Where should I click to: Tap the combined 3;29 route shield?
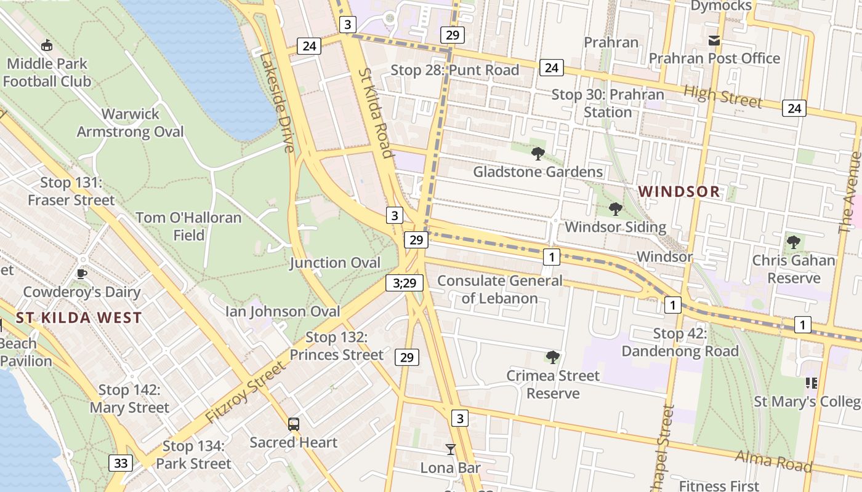pos(405,283)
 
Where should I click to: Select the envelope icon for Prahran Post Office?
pos(714,41)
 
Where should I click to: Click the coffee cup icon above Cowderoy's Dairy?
pos(81,274)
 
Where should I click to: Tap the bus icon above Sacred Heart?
pos(294,424)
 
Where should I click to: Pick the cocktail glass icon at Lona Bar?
pos(451,450)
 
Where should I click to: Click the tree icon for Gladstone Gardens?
pos(538,153)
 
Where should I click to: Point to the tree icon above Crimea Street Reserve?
pos(553,357)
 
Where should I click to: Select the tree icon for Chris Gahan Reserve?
pos(794,242)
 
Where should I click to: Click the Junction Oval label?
pos(336,263)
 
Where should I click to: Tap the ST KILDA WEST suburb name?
pos(79,318)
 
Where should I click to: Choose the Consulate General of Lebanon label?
pos(499,290)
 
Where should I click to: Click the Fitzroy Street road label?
pos(246,392)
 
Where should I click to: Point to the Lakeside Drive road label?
pos(278,101)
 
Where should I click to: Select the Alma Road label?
pos(773,461)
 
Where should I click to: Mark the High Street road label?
pos(723,96)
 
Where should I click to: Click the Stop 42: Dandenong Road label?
pos(680,343)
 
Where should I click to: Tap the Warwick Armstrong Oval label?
pos(130,123)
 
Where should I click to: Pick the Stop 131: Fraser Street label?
pos(71,191)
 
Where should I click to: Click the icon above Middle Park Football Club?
pos(46,45)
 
